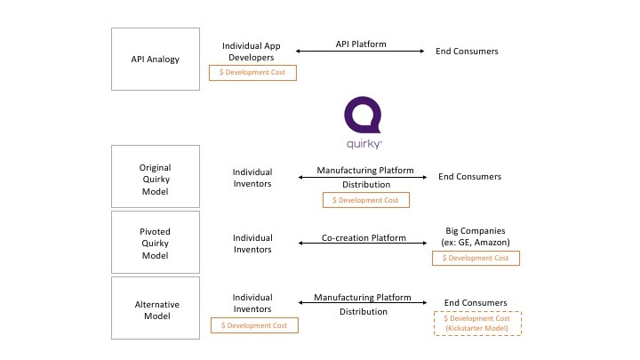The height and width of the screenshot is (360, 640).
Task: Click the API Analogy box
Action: tap(155, 59)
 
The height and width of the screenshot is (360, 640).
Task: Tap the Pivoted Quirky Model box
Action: tap(155, 243)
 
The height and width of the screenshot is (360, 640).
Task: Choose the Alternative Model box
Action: tap(155, 308)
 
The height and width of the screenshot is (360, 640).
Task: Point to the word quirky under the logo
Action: tap(363, 143)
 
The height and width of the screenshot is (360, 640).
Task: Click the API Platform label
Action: tap(361, 44)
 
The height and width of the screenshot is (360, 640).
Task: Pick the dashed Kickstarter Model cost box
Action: tap(476, 324)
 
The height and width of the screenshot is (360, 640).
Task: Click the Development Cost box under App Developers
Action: tap(252, 73)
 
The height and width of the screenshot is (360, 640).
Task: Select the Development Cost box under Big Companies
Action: tap(476, 258)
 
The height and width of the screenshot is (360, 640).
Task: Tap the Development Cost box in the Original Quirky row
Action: tap(365, 200)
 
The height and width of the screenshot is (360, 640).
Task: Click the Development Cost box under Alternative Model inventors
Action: tap(254, 326)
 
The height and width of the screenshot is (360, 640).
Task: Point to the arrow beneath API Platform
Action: tap(361, 52)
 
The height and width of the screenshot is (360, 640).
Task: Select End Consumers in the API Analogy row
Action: tap(467, 52)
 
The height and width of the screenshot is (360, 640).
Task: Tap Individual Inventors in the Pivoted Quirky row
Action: tap(252, 244)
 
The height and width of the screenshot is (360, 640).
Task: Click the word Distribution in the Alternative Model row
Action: tap(364, 312)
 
